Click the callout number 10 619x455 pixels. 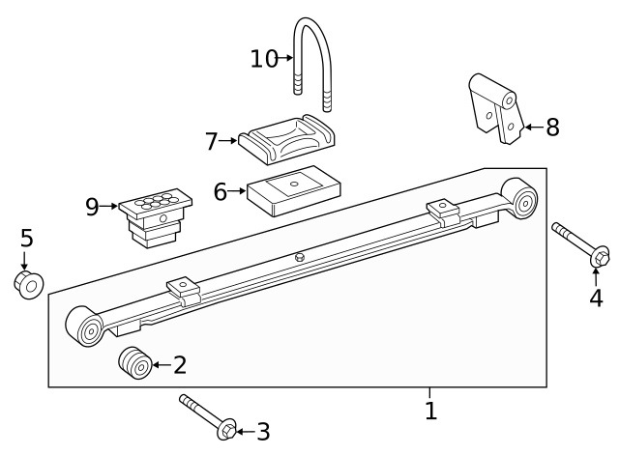point(264,59)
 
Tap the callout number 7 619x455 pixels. point(212,141)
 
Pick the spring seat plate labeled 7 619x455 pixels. point(286,141)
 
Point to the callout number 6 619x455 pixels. point(221,192)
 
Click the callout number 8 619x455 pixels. point(552,127)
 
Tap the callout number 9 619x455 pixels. point(92,206)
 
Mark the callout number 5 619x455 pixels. point(26,238)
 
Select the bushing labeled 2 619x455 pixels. point(134,364)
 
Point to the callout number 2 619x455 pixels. point(179,365)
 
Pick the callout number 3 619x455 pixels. point(262,432)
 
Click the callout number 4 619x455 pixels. point(596,299)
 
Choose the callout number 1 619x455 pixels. point(430,411)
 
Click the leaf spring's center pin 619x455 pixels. point(300,257)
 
